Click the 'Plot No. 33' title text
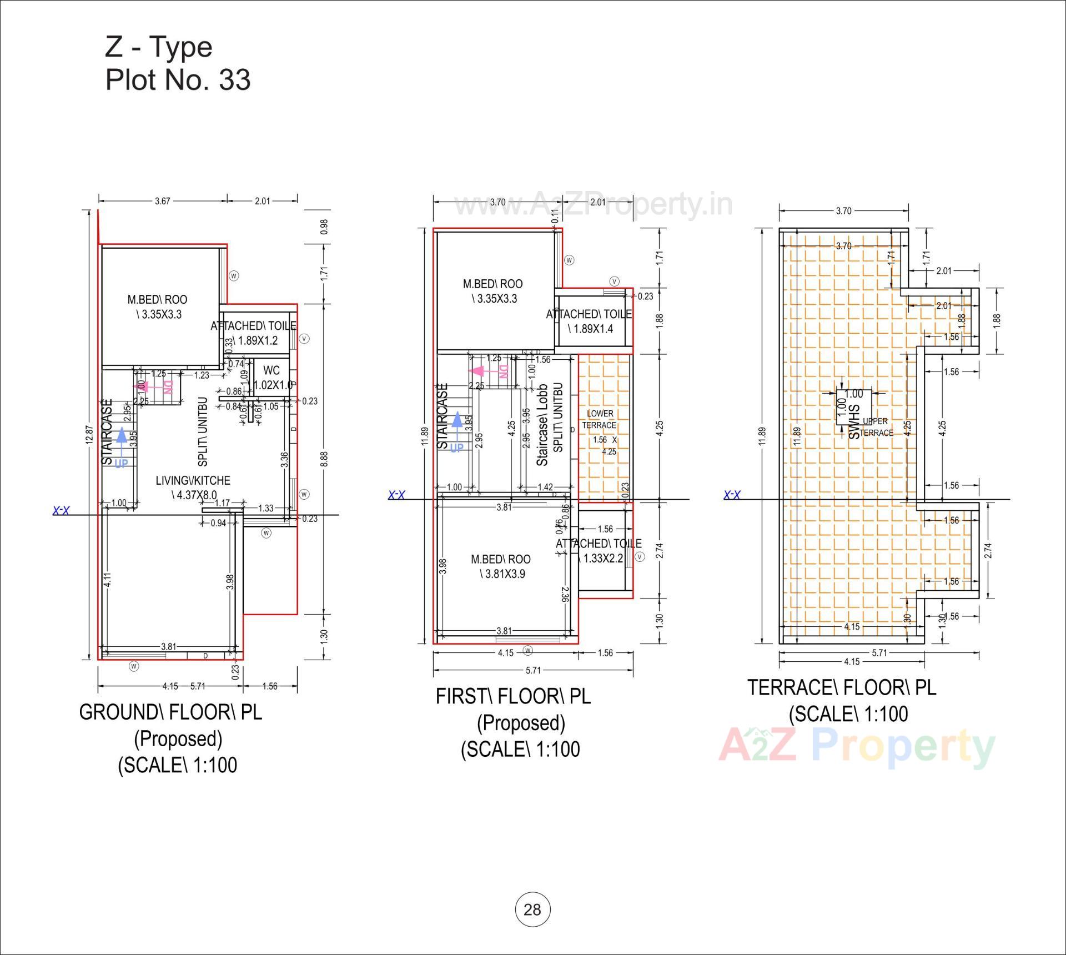click(x=178, y=80)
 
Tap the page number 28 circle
click(x=532, y=909)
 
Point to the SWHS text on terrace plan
click(x=854, y=422)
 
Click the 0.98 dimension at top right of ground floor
click(x=325, y=227)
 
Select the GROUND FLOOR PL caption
click(x=170, y=712)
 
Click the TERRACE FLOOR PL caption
click(x=842, y=687)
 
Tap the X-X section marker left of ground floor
click(x=61, y=511)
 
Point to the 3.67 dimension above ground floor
click(x=162, y=201)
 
